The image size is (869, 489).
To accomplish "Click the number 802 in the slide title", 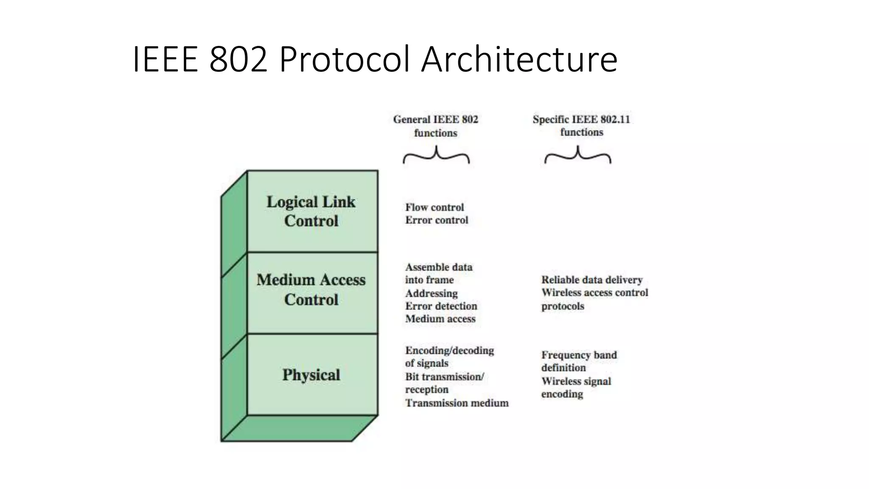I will click(x=238, y=59).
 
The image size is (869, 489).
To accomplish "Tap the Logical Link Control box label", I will click(x=311, y=211).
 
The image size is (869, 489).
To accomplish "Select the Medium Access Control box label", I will click(x=311, y=289).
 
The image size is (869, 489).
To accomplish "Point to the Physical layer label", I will click(x=311, y=375).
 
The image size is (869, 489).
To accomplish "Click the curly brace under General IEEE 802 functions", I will click(x=436, y=156).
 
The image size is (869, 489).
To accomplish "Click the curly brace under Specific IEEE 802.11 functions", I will click(x=578, y=156).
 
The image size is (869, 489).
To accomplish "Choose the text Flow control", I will click(x=434, y=208).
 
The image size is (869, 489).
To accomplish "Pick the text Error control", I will click(x=437, y=220).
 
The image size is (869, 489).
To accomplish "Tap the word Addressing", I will click(x=431, y=293).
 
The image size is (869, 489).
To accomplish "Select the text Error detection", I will click(x=441, y=306).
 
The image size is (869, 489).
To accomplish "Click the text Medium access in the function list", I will click(x=440, y=319).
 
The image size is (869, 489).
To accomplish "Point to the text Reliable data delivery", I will click(x=592, y=280).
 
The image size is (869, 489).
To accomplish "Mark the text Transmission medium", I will click(x=457, y=403).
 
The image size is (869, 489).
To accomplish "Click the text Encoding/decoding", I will click(x=449, y=351).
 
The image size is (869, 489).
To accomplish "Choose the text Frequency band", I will click(x=579, y=355).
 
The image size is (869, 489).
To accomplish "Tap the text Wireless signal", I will click(x=576, y=381).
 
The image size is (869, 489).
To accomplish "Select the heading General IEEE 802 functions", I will click(x=436, y=126).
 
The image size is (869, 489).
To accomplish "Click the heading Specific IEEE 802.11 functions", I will click(x=581, y=126).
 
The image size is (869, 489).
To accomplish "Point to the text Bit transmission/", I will click(x=444, y=377).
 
